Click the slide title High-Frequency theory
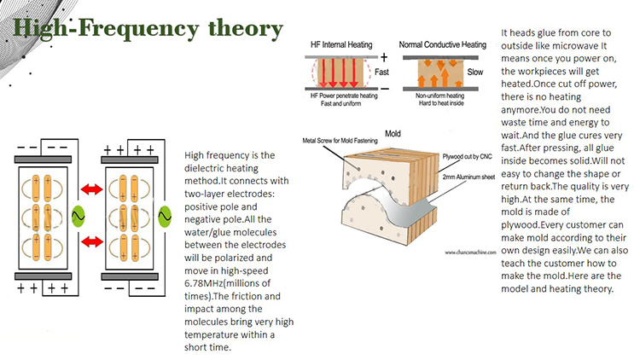[148, 29]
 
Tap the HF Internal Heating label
[346, 43]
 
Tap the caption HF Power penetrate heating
[346, 96]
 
